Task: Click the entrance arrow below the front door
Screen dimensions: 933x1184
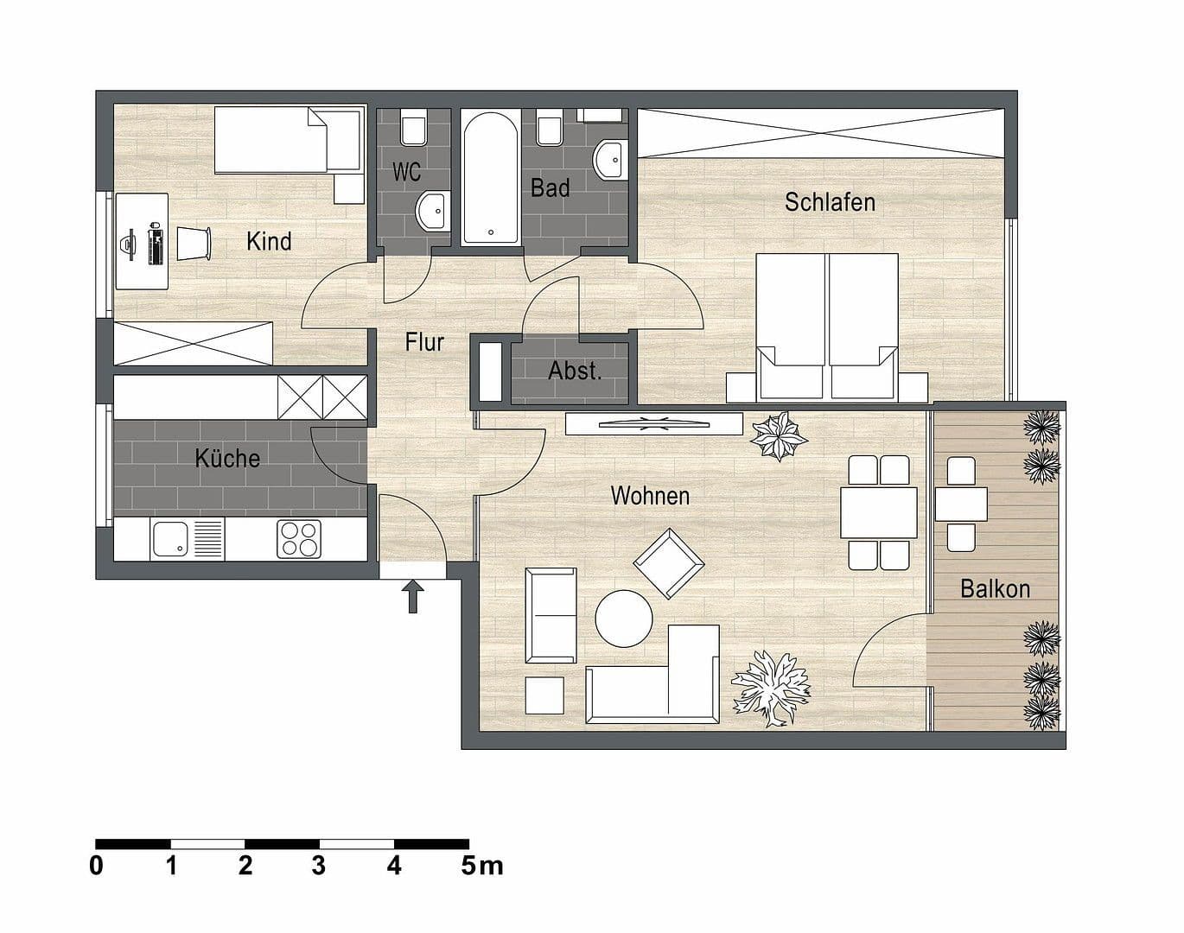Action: click(413, 596)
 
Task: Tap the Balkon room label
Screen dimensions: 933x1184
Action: click(995, 589)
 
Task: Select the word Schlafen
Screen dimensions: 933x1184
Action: click(830, 202)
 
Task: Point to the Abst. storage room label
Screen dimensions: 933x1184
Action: click(574, 371)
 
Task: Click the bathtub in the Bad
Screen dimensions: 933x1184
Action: click(490, 179)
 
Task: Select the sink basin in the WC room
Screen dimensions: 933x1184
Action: click(432, 210)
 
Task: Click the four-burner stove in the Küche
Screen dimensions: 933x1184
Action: click(299, 538)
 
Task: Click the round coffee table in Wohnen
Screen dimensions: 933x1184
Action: click(624, 618)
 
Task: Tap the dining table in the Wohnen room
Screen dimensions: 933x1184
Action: click(879, 512)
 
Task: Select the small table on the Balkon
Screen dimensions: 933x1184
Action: click(961, 505)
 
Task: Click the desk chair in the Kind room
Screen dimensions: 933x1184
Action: click(194, 243)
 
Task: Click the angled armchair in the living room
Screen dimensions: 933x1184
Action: click(670, 563)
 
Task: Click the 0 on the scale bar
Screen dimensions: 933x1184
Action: click(96, 865)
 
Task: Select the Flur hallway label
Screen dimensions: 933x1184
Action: click(424, 342)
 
